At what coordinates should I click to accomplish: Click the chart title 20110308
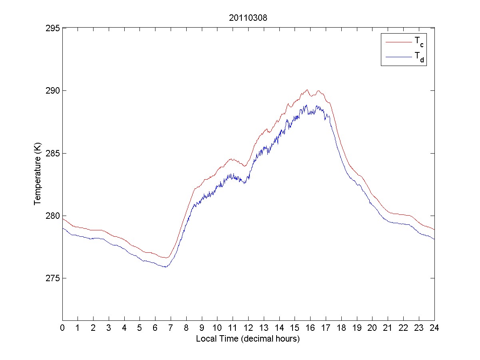(248, 18)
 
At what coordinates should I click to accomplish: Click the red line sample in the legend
(398, 42)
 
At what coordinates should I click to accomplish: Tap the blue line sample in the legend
(398, 58)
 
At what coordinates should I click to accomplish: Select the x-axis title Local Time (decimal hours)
(248, 339)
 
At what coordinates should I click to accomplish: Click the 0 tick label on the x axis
(62, 328)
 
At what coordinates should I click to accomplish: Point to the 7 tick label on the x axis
(171, 328)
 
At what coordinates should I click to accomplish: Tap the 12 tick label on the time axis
(248, 328)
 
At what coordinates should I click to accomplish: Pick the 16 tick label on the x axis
(310, 328)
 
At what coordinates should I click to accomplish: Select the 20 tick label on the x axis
(372, 328)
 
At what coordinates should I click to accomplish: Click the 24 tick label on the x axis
(434, 328)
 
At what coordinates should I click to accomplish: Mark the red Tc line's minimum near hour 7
(167, 258)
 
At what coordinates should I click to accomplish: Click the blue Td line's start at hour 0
(63, 228)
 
